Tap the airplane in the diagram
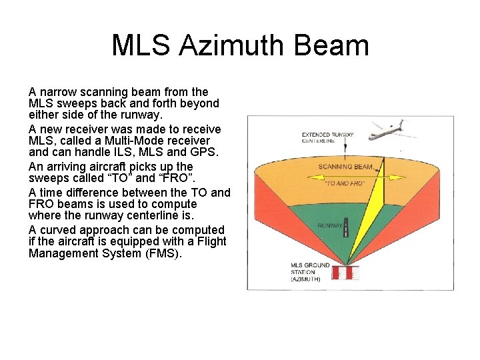[389, 129]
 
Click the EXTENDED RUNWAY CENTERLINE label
[327, 138]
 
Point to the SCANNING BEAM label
[345, 167]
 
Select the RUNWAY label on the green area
[330, 226]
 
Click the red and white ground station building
[345, 273]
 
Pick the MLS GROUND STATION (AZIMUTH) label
[309, 272]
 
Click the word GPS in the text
[208, 154]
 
